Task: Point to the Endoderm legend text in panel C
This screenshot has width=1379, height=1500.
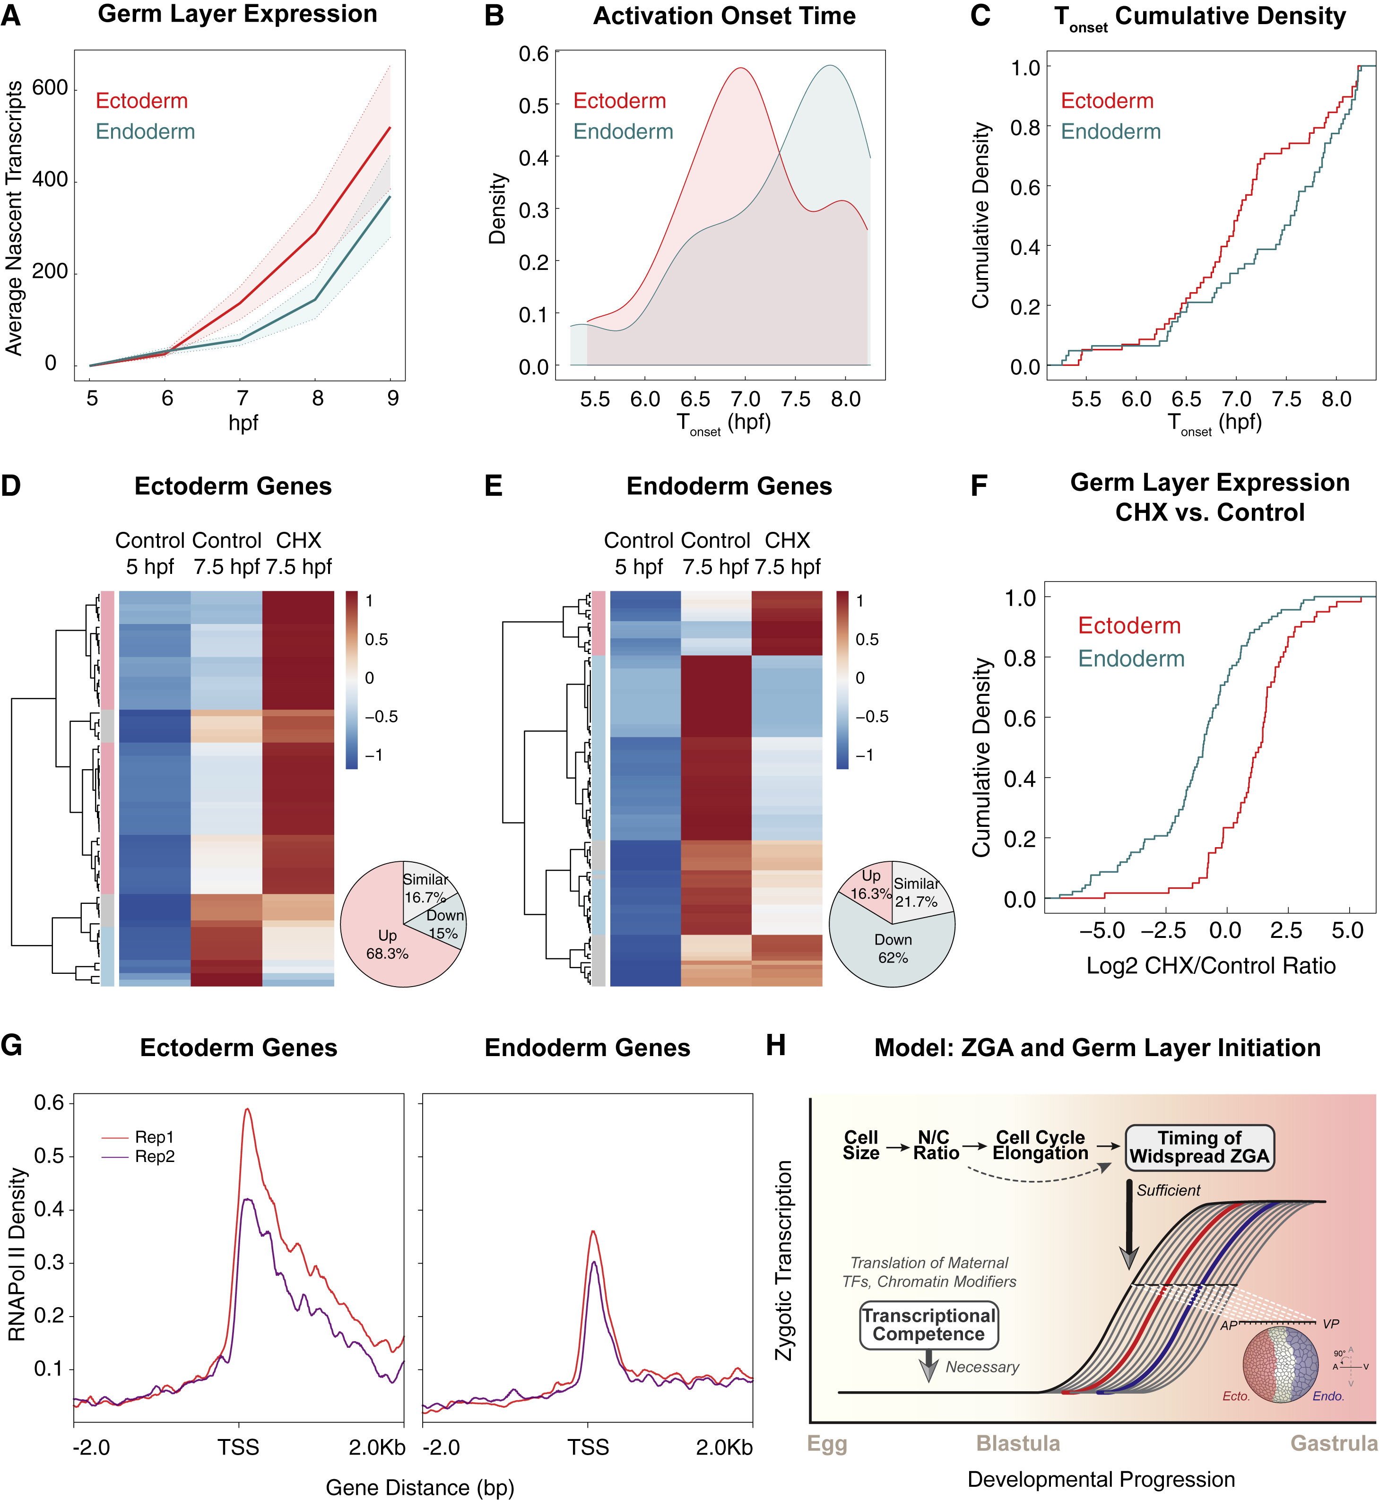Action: [1110, 132]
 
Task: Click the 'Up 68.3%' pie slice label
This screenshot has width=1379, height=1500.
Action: [387, 945]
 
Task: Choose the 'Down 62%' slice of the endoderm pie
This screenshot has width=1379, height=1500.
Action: [893, 948]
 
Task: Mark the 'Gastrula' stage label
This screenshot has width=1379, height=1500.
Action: [1334, 1443]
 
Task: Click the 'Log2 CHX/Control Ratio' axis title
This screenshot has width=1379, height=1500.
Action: [1210, 966]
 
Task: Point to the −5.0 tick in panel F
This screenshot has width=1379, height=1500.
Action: [1102, 931]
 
